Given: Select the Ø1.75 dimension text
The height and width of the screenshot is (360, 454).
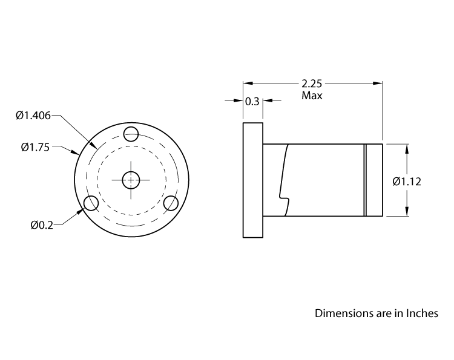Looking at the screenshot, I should coord(35,146).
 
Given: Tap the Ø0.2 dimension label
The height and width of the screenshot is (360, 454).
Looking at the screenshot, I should coord(42,225).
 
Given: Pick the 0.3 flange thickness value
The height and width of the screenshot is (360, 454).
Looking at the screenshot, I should coord(252,101).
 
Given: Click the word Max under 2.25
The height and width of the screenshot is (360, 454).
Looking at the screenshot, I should coord(312,96).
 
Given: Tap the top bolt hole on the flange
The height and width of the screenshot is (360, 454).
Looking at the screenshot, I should coord(131,133).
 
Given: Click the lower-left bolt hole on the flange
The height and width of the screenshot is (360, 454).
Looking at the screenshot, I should coord(91,203).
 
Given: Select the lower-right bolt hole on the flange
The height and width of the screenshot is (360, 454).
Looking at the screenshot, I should coord(171,203).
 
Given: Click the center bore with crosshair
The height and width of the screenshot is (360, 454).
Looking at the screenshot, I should coord(131,180).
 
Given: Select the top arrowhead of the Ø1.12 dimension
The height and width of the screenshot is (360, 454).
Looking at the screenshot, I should coord(406,148).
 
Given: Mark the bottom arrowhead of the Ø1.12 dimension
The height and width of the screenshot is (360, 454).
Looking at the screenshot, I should coord(406,212).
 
